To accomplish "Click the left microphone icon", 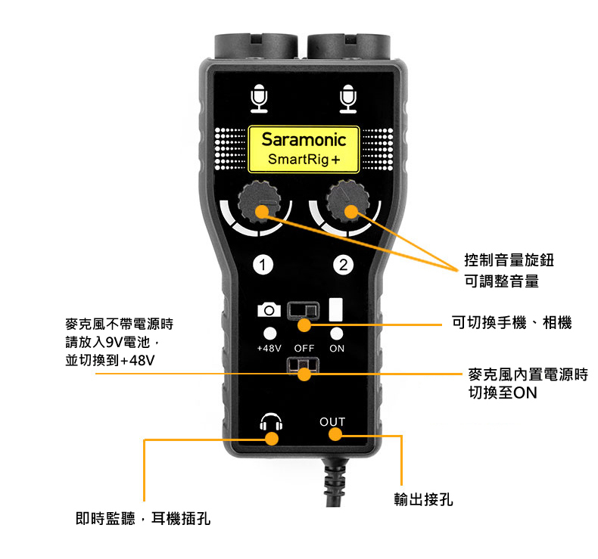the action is tap(260, 98).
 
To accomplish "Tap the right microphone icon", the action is tap(347, 98).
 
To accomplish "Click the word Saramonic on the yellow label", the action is tap(304, 140).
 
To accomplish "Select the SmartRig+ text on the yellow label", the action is tap(304, 160).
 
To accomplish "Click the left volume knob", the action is tap(260, 200).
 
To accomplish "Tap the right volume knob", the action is tap(347, 200).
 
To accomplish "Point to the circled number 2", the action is tap(344, 265).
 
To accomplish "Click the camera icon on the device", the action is tap(269, 309).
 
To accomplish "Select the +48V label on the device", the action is tap(269, 349).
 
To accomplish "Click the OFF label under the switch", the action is tap(304, 349).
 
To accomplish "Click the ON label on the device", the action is tap(337, 349).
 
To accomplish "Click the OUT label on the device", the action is tap(332, 421).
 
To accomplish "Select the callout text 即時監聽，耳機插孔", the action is tap(143, 518).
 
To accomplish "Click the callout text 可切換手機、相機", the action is tap(511, 323).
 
